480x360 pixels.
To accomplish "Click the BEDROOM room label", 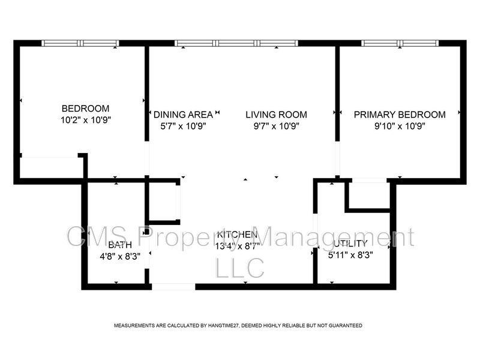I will coord(86,109).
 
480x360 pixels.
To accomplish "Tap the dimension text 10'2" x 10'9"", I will coord(86,119).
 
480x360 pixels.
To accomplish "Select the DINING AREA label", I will coord(183,115).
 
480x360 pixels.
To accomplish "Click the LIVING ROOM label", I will coord(276,115).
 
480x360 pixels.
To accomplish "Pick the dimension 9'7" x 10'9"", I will coord(276,126).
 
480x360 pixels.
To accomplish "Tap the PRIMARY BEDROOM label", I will coord(400,115).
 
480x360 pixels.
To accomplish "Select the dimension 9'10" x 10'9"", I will coord(400,126).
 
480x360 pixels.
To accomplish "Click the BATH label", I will coord(120,245).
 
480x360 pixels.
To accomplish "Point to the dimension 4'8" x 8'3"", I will coord(120,256).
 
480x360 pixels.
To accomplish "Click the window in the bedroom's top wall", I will coord(80,43).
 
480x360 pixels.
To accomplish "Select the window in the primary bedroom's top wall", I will coord(400,43).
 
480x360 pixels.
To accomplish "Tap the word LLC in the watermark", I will coord(239,268).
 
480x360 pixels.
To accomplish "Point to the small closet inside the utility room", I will coord(368,194).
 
